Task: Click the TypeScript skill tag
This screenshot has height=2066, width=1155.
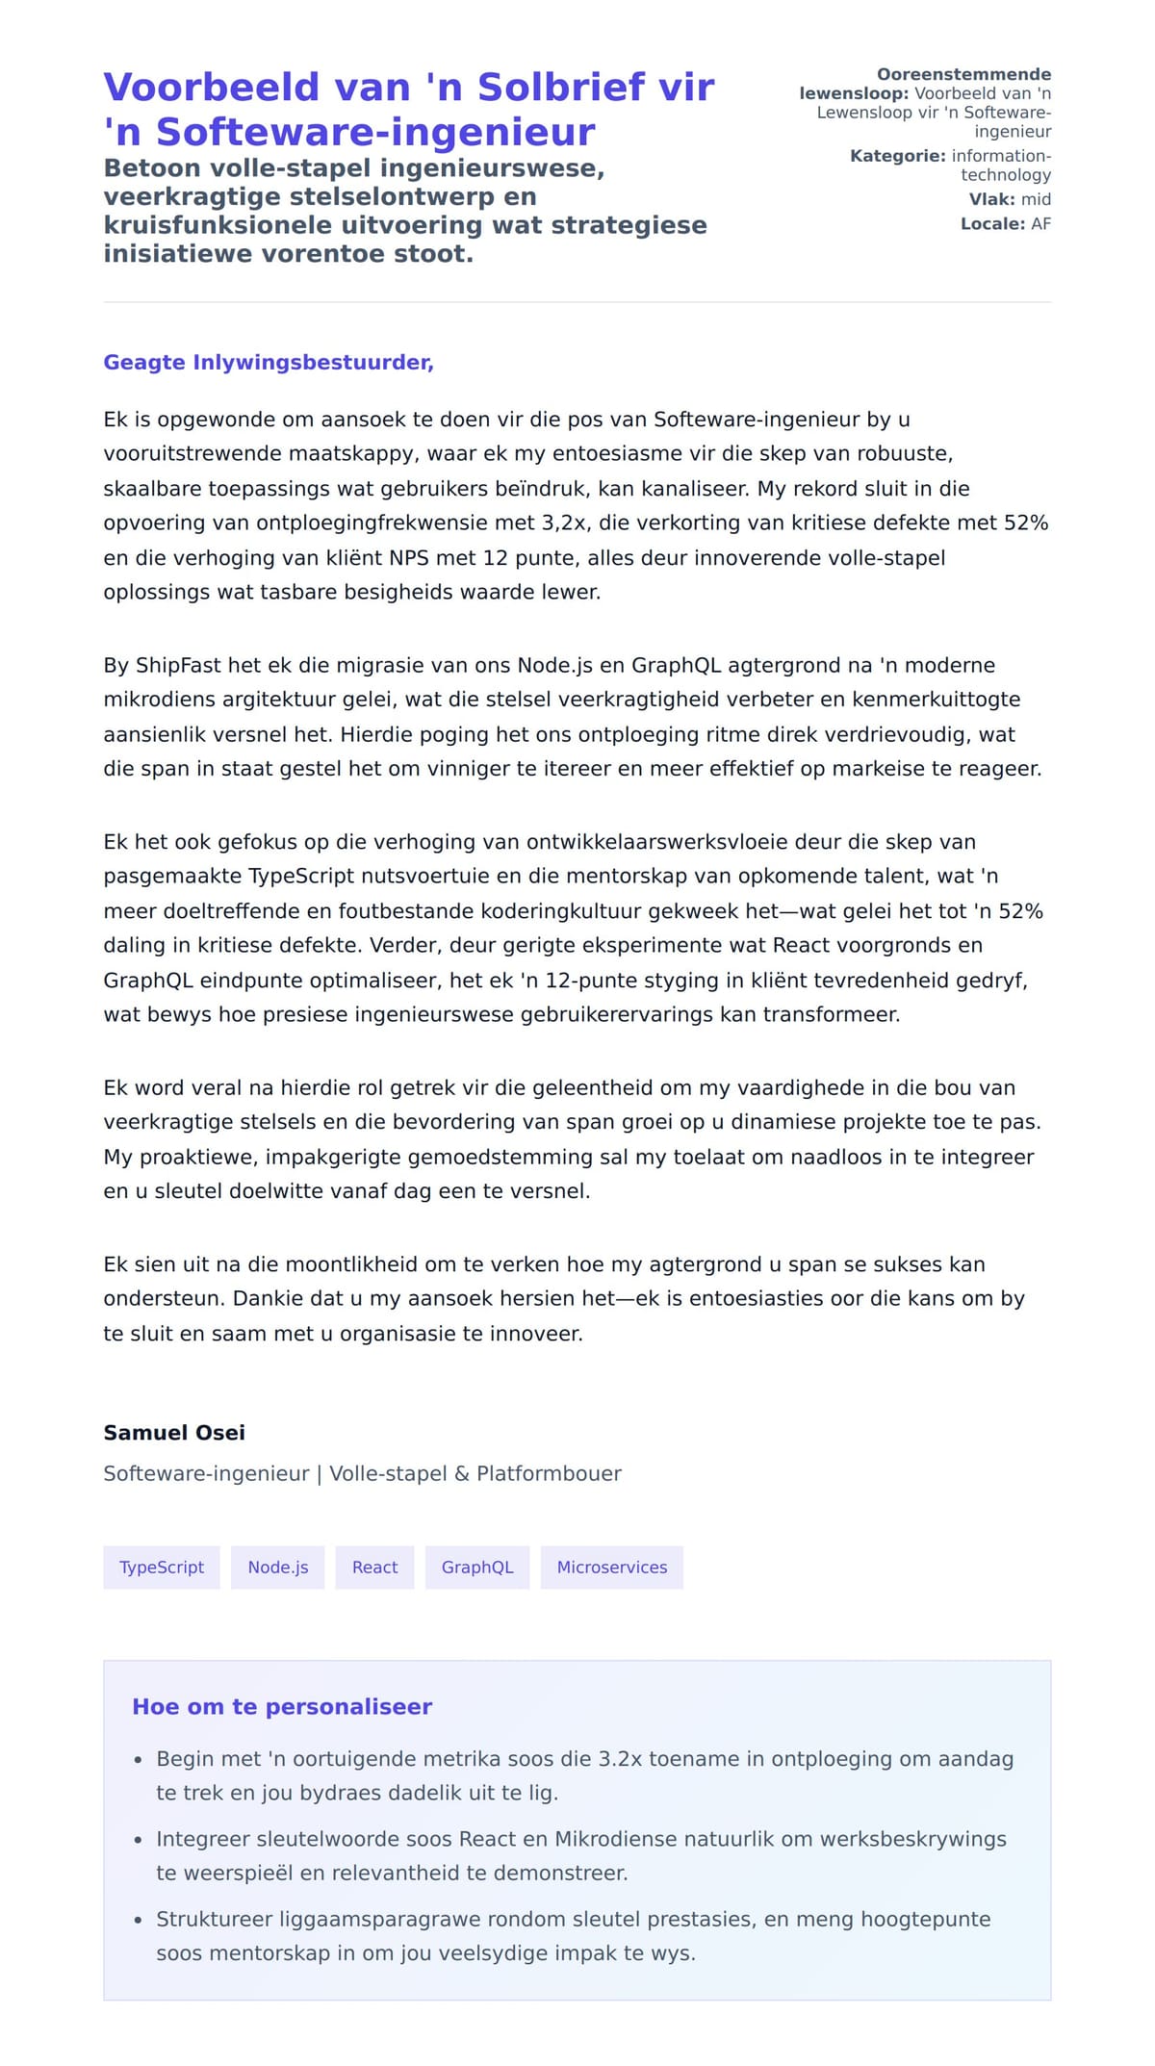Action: pyautogui.click(x=161, y=1568)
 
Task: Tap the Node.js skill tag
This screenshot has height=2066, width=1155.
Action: pyautogui.click(x=277, y=1568)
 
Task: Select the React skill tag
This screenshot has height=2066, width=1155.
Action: pyautogui.click(x=374, y=1568)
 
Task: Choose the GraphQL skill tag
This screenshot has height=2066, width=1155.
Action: pyautogui.click(x=477, y=1568)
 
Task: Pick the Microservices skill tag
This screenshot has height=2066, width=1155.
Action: pyautogui.click(x=611, y=1568)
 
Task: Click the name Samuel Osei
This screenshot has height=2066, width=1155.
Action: pyautogui.click(x=174, y=1433)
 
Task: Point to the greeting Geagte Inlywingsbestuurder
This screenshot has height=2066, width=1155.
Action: pyautogui.click(x=269, y=363)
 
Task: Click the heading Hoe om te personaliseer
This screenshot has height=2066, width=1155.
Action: pyautogui.click(x=282, y=1707)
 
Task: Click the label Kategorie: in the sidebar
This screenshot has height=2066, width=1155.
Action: pyautogui.click(x=897, y=156)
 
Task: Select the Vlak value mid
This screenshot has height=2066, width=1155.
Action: pyautogui.click(x=1036, y=199)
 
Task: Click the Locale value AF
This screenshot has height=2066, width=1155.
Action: pyautogui.click(x=1040, y=224)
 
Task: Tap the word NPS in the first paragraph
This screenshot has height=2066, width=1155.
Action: pyautogui.click(x=409, y=558)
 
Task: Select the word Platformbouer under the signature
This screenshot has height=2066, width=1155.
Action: pyautogui.click(x=549, y=1474)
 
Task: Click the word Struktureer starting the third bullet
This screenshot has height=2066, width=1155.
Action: pyautogui.click(x=214, y=1920)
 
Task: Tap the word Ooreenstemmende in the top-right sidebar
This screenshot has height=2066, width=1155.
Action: pyautogui.click(x=963, y=75)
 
